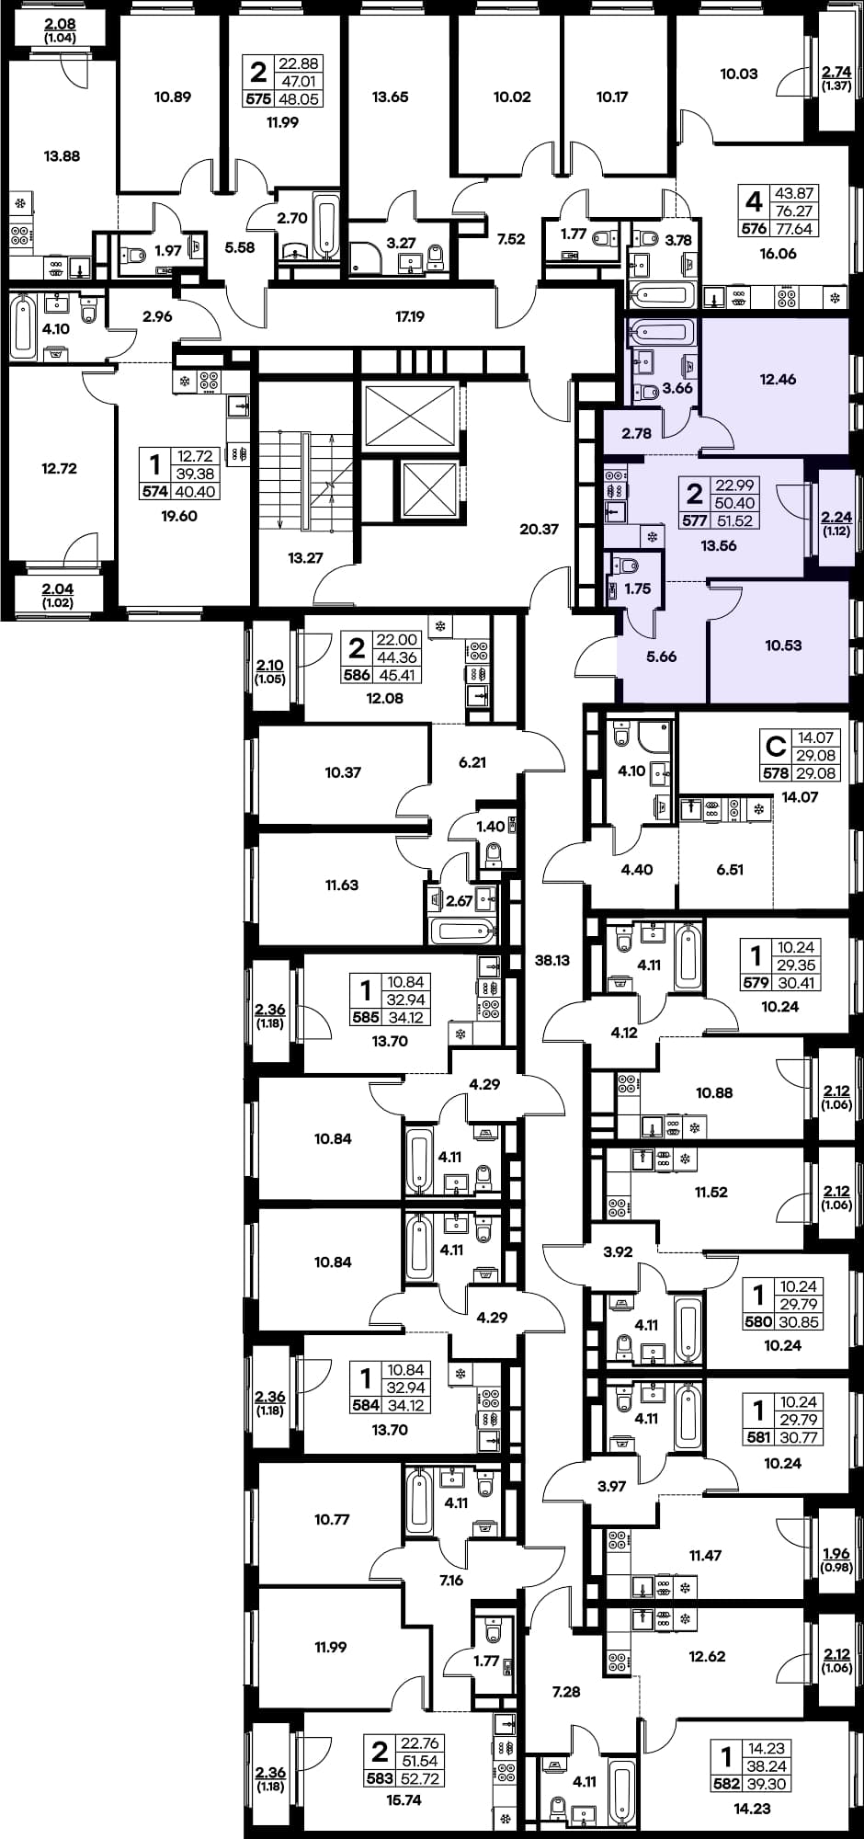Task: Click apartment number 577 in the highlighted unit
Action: pyautogui.click(x=694, y=520)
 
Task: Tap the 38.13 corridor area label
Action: pyautogui.click(x=552, y=960)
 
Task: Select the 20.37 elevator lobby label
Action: pyautogui.click(x=539, y=529)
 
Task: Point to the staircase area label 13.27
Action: pyautogui.click(x=305, y=557)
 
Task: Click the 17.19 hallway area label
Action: pyautogui.click(x=410, y=316)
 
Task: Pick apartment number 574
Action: pyautogui.click(x=154, y=492)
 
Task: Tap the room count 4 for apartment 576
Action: pyautogui.click(x=755, y=201)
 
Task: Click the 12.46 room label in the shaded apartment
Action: pyautogui.click(x=778, y=379)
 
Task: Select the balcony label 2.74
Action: pyautogui.click(x=836, y=72)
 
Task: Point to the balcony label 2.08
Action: pyautogui.click(x=60, y=25)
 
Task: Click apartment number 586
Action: pyautogui.click(x=357, y=675)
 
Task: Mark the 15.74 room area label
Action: pyautogui.click(x=404, y=1799)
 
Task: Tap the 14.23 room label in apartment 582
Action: pyautogui.click(x=753, y=1808)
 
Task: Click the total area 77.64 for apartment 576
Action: pyautogui.click(x=795, y=229)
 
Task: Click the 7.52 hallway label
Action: pyautogui.click(x=511, y=239)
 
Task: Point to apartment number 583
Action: pyautogui.click(x=380, y=1779)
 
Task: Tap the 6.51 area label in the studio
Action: pyautogui.click(x=730, y=869)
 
